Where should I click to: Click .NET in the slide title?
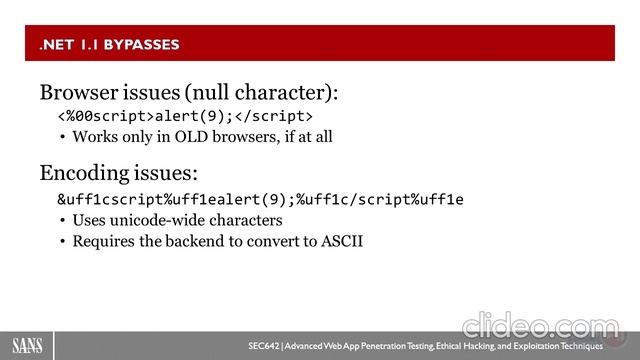tap(54, 44)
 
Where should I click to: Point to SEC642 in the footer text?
tap(264, 345)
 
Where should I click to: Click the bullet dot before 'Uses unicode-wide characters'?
tap(63, 220)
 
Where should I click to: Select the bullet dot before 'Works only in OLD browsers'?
tap(63, 137)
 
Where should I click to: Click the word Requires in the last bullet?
tap(100, 241)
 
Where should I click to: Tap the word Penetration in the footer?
tap(384, 345)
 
